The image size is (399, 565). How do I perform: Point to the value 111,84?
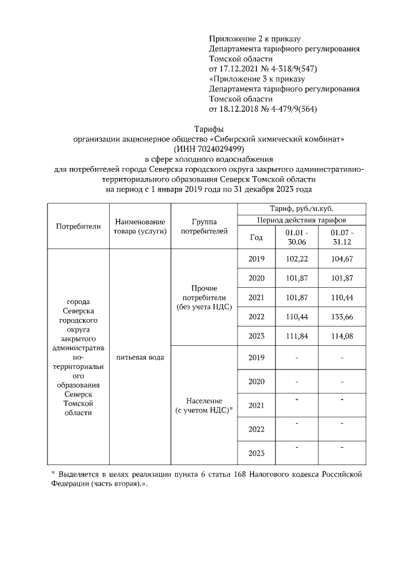[296, 336]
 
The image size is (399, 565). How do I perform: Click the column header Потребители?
[78, 226]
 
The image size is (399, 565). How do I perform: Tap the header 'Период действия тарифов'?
[302, 220]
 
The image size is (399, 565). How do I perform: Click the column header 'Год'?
[256, 237]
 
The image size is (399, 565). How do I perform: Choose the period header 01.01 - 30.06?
[296, 237]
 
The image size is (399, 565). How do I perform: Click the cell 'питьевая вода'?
[140, 357]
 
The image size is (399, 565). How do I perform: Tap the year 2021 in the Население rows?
[256, 405]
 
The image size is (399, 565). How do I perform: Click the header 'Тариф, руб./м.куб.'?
[302, 209]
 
